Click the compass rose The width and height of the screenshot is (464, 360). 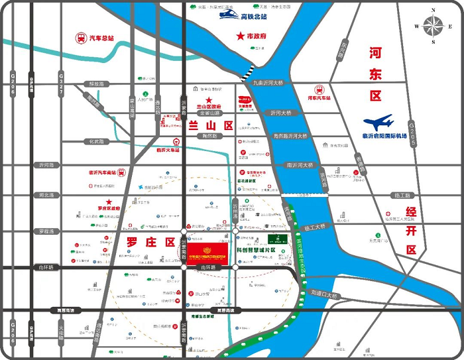pos(434,26)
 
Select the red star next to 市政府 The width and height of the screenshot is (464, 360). pos(240,36)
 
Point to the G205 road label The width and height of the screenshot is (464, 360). pos(411,131)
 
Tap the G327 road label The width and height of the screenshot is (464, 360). pos(61,82)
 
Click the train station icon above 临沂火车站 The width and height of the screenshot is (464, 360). pos(176,141)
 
